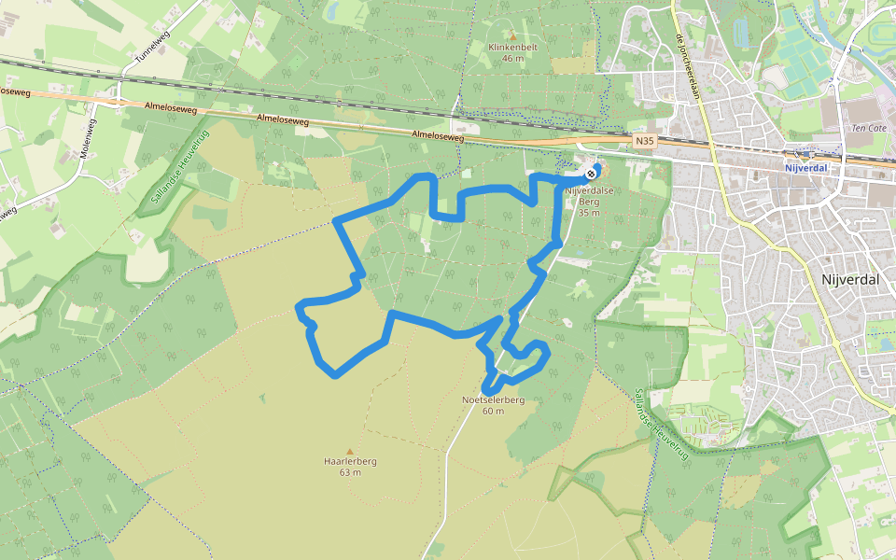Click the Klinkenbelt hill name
512,46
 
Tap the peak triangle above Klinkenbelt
512,35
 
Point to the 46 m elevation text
512,58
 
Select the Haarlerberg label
350,461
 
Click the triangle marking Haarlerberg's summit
350,451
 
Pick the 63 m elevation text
350,472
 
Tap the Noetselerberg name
494,399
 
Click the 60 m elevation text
494,411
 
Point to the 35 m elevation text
588,213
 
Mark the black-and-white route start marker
591,174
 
